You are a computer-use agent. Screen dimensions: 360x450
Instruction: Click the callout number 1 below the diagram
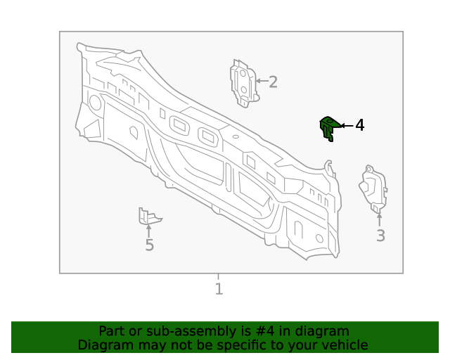click(x=219, y=288)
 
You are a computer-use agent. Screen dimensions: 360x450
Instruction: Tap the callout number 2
click(x=273, y=82)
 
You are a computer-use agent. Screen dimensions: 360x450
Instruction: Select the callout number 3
click(x=380, y=236)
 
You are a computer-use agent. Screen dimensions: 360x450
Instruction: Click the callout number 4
click(x=359, y=125)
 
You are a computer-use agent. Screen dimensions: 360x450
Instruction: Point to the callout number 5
click(x=149, y=245)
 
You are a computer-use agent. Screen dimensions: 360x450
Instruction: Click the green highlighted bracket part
click(x=328, y=127)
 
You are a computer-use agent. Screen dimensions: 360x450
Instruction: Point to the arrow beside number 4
click(x=346, y=125)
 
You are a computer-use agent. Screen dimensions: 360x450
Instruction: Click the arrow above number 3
click(x=380, y=219)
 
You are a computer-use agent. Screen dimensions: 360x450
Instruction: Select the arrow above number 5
click(x=148, y=229)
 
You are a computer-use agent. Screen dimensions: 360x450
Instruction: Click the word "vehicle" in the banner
click(x=343, y=345)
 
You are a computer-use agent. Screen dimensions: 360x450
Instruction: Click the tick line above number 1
click(x=218, y=276)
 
